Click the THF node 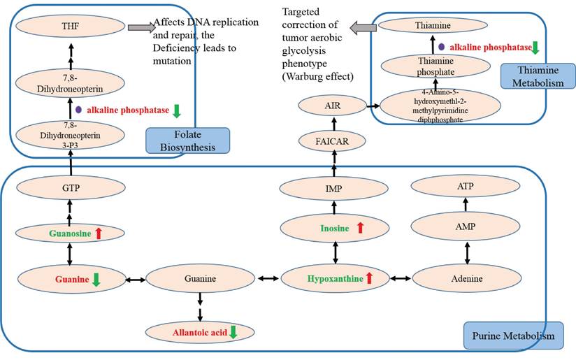70,27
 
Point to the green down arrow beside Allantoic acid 233,331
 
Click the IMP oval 334,188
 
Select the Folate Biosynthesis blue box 187,141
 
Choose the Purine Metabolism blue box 512,336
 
